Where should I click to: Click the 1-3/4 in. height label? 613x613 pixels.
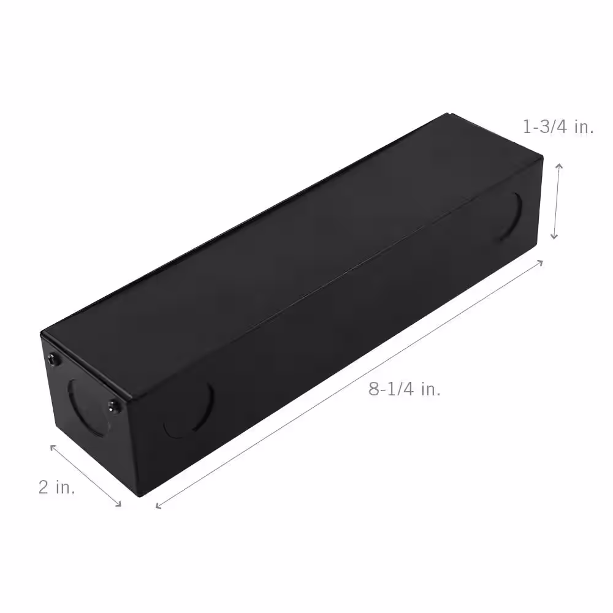[x=558, y=127]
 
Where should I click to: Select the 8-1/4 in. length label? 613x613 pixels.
[x=405, y=389]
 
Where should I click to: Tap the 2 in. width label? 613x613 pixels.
[x=56, y=487]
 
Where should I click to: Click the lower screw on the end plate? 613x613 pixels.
[x=113, y=406]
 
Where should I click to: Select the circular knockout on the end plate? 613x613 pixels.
[x=88, y=408]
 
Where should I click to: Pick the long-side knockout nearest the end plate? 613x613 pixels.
[x=189, y=410]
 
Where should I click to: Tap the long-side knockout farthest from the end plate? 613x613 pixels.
[x=511, y=215]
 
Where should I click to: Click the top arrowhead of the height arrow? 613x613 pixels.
[x=560, y=166]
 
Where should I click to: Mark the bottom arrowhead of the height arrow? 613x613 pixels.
[x=554, y=237]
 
